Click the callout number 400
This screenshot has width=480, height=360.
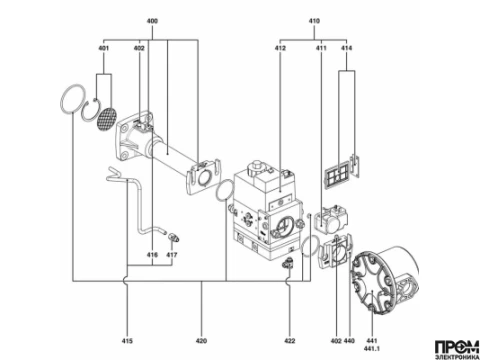tap(152, 21)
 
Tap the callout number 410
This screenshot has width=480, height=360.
tap(314, 21)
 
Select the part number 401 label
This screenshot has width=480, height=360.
tap(104, 48)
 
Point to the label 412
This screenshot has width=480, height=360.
tap(280, 48)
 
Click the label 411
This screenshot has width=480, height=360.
tap(321, 48)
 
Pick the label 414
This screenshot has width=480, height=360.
tap(347, 48)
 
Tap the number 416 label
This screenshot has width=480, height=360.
tap(152, 255)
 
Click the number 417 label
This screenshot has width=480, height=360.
tap(172, 255)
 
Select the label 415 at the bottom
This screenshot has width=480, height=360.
tap(127, 341)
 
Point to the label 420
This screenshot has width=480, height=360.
tap(201, 341)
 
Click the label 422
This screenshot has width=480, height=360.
tap(290, 341)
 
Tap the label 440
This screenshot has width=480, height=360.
tap(349, 341)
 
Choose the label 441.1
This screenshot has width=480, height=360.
tap(372, 349)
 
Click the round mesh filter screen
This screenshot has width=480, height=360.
tap(107, 119)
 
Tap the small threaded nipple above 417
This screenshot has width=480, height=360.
tap(174, 237)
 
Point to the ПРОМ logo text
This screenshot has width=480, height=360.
tap(457, 347)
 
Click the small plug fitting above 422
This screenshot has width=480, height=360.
tap(288, 263)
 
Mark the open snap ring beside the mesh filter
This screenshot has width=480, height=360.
tap(90, 110)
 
